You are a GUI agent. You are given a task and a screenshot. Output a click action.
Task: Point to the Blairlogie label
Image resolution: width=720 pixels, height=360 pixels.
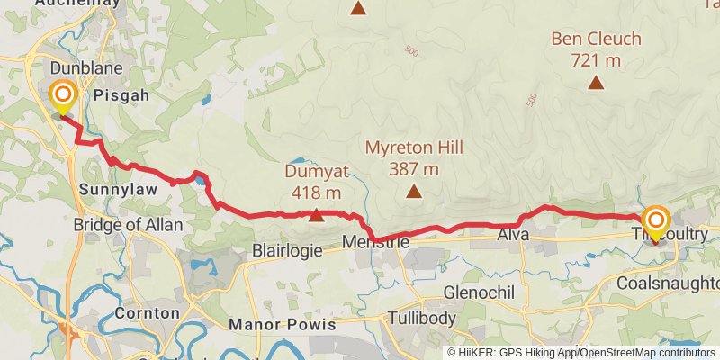287,252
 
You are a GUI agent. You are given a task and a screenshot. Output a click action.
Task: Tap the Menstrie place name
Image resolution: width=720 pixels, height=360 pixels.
376,242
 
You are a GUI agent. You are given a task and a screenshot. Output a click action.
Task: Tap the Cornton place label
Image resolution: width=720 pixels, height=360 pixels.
147,313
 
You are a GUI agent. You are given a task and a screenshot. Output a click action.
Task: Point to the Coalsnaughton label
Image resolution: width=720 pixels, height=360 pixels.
669,283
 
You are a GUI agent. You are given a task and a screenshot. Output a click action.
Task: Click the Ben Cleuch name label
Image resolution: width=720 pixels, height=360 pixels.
596,40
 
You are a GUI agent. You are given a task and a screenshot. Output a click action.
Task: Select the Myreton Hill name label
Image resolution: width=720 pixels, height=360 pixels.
414,146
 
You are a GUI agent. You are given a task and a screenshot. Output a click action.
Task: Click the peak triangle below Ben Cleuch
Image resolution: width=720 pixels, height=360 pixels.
596,83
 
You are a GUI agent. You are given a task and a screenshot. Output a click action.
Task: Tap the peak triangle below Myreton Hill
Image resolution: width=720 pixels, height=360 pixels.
414,190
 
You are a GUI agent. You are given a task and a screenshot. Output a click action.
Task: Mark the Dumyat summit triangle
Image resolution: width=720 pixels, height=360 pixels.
316,215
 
